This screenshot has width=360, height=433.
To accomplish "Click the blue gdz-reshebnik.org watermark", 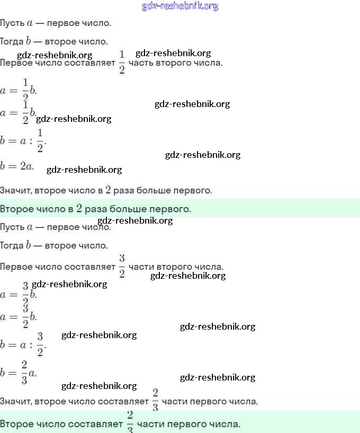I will tap(180, 6).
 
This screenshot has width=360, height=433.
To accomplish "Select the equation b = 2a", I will tap(17, 166).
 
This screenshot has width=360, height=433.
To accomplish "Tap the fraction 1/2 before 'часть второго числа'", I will tap(122, 63).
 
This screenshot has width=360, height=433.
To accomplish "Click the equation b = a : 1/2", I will tap(24, 140).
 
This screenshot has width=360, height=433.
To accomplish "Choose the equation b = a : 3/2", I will tap(24, 344).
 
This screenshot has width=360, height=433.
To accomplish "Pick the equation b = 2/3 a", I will tap(19, 372).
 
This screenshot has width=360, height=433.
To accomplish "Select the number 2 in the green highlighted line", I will tap(79, 208).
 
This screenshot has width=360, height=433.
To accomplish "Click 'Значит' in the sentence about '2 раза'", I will tap(15, 190).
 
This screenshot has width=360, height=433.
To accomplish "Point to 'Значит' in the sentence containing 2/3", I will tap(15, 401).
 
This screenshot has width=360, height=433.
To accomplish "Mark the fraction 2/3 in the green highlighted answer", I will tap(130, 422).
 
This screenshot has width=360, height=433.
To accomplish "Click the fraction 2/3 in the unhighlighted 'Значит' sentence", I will tap(155, 400).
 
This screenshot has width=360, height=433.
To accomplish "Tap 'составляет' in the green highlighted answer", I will tap(100, 425).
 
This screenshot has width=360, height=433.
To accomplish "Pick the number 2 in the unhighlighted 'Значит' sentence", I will tap(108, 189).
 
